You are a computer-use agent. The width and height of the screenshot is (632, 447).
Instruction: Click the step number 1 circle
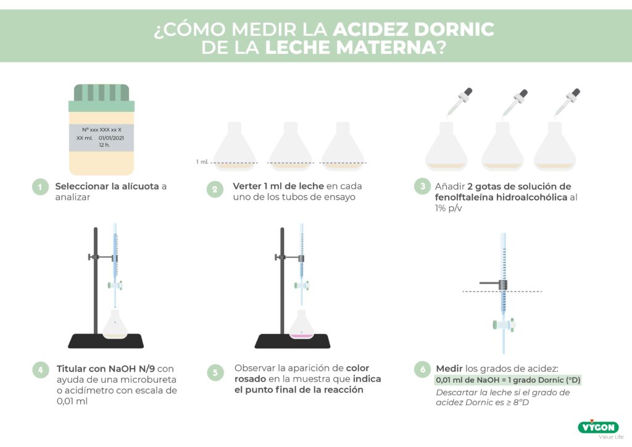[40, 187]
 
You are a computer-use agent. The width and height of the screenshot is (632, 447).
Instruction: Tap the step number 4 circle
[40, 370]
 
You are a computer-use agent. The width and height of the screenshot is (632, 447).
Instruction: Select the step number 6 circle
[423, 370]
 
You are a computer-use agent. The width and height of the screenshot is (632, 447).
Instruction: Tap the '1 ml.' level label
[202, 162]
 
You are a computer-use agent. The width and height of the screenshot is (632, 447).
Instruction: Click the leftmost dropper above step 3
[460, 101]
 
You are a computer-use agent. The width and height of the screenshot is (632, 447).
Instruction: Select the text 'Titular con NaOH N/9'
[101, 369]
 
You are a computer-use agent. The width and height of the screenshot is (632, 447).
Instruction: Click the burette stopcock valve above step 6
[504, 324]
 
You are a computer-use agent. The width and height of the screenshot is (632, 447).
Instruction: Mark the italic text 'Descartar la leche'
[472, 393]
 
